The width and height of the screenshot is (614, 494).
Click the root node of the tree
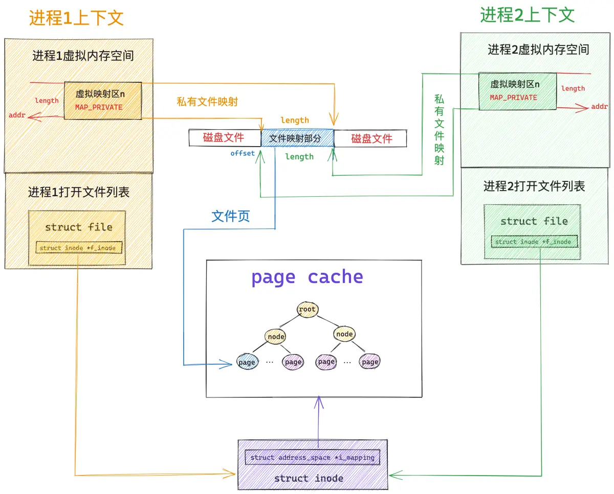307,309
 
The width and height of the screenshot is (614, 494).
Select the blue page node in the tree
247,362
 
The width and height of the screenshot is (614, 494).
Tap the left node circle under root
276,336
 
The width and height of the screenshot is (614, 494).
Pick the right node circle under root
344,334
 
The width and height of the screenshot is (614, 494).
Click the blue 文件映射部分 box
297,138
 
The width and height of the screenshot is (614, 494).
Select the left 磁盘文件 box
225,138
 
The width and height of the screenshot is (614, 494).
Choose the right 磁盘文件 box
370,138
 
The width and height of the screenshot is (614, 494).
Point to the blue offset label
242,153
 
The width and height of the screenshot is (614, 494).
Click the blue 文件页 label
231,216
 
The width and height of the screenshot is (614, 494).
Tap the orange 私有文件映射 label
207,102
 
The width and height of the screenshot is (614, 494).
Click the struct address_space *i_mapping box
313,457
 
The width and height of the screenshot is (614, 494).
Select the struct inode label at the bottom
309,478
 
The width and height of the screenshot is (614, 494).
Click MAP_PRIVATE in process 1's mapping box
99,107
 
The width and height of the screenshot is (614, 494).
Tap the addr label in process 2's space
599,107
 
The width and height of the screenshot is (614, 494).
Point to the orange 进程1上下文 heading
76,18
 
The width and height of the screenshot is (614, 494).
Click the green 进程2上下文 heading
527,15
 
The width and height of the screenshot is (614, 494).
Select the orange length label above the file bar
295,120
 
